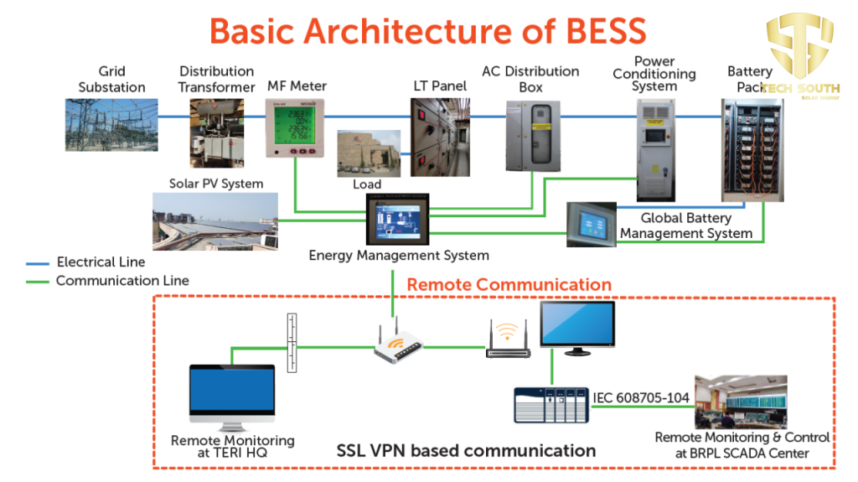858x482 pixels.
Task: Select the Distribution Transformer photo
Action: pos(216,131)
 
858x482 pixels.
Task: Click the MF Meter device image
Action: pos(296,127)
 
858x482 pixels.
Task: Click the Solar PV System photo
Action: pos(215,221)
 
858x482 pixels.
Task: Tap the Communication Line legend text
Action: pos(122,281)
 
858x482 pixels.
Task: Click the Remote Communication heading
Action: pos(509,285)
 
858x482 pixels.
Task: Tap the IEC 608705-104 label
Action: pos(642,396)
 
